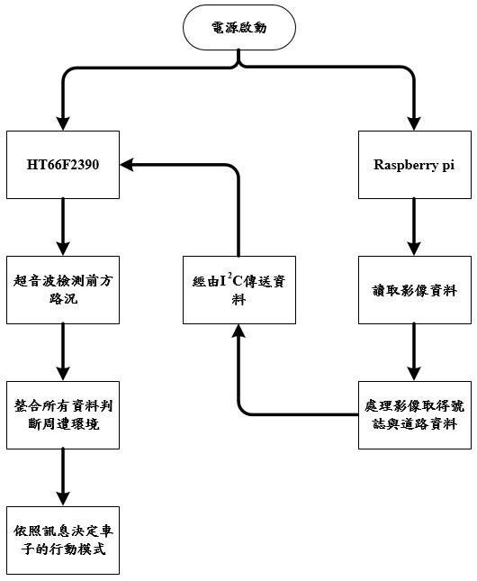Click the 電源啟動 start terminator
pos(239,27)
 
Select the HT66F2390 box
pos(63,165)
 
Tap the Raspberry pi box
pos(414,165)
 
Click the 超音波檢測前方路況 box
pos(63,290)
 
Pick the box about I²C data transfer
pos(239,290)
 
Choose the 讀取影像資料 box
pos(414,290)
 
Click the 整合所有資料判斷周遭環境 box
pos(63,415)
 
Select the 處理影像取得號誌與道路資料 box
pos(414,415)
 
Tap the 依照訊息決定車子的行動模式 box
pos(63,540)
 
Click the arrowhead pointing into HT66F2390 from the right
pos(126,165)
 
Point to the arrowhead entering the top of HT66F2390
pos(63,123)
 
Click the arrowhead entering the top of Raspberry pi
pos(414,123)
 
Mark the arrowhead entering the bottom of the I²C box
pos(238,331)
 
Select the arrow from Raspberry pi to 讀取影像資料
pos(414,227)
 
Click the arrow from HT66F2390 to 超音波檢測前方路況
pos(63,227)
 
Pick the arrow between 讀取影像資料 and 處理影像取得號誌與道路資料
pos(414,352)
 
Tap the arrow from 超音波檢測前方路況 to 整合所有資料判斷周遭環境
pos(63,352)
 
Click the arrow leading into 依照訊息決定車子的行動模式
pos(63,477)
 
